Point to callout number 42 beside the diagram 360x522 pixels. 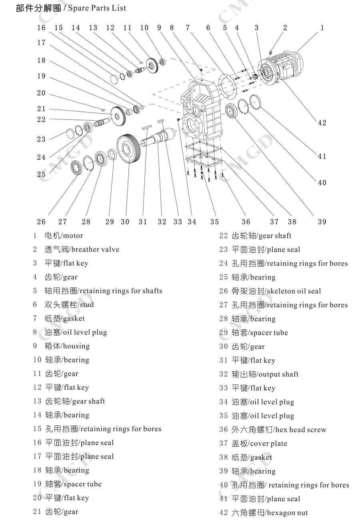pyautogui.click(x=322, y=123)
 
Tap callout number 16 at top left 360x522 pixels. pyautogui.click(x=42, y=28)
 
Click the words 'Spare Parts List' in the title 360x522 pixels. pyautogui.click(x=97, y=8)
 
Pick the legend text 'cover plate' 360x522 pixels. pyautogui.click(x=268, y=443)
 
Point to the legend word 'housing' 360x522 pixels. pyautogui.click(x=76, y=346)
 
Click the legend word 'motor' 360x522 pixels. pyautogui.click(x=72, y=236)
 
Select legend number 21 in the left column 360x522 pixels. pyautogui.click(x=37, y=512)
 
